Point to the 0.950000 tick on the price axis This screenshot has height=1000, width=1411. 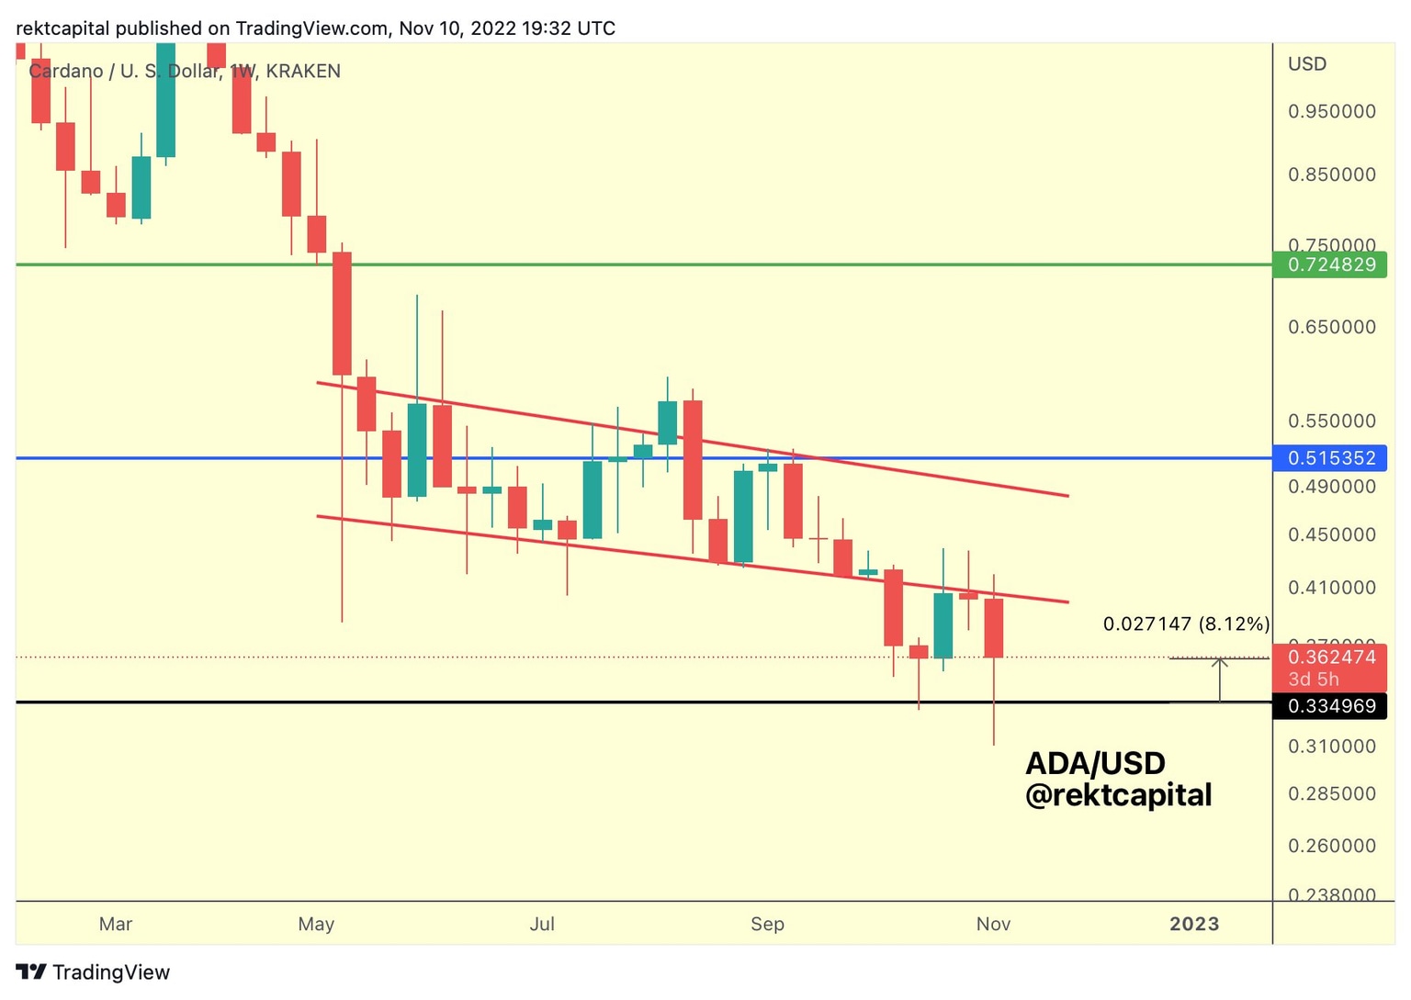(x=1332, y=111)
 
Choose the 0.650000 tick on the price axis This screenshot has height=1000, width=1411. (x=1332, y=327)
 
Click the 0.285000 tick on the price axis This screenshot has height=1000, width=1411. (x=1332, y=793)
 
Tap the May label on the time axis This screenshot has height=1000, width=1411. (x=316, y=924)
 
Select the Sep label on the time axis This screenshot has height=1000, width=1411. (x=767, y=924)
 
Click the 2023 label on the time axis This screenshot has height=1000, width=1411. (x=1194, y=924)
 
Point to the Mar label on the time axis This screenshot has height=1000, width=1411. (x=116, y=924)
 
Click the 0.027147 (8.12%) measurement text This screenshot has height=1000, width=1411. (x=1186, y=624)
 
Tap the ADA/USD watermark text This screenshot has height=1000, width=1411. (x=1095, y=763)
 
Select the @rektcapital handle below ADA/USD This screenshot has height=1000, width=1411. (x=1118, y=794)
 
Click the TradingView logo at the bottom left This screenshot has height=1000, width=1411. (x=93, y=972)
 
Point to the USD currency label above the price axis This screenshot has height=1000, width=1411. (x=1307, y=63)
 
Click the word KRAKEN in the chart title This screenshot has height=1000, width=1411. (x=303, y=71)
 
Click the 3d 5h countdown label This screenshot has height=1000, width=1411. (x=1314, y=680)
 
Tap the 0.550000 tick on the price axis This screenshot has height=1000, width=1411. (x=1332, y=421)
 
